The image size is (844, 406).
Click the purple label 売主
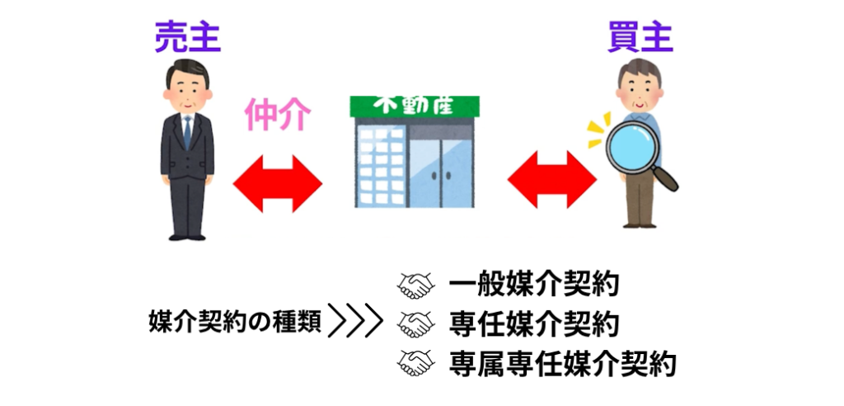point(188,38)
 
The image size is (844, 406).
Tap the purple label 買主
point(640,38)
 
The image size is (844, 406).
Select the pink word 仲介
point(278,115)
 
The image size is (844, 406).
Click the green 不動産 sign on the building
point(415,106)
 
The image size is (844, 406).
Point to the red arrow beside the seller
point(277,183)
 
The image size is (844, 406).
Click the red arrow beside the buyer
point(552,180)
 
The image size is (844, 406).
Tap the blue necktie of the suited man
point(187,133)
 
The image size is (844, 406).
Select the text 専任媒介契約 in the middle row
point(534,324)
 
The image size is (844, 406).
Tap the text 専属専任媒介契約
point(562,363)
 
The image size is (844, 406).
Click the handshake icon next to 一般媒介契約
point(415,286)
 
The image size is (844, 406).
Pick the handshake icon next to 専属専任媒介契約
point(415,363)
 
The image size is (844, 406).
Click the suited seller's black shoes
point(187,237)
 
